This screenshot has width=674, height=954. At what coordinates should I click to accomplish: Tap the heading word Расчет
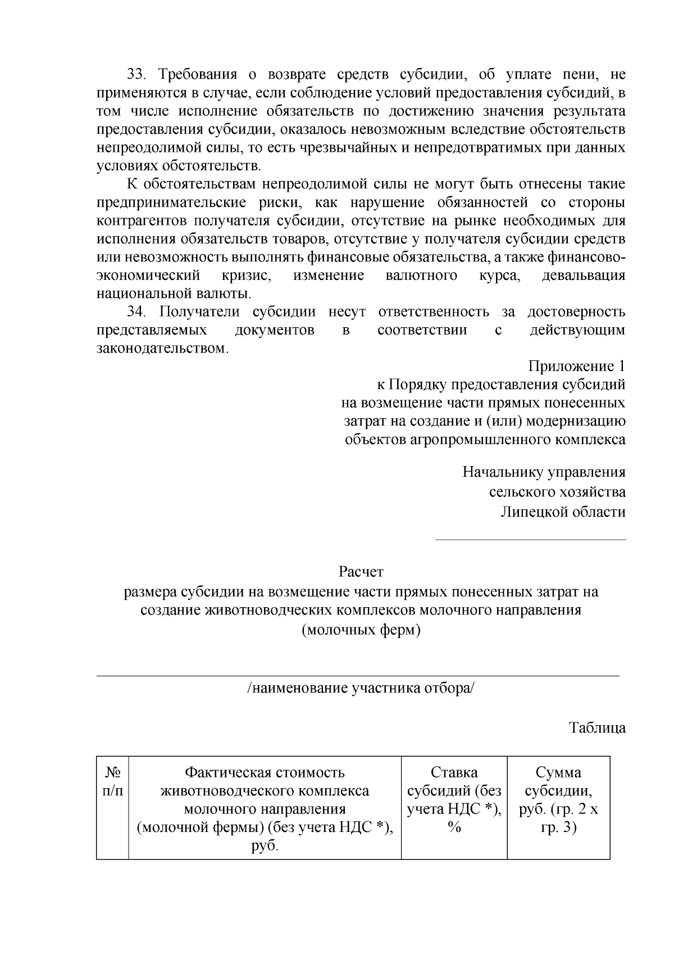361,572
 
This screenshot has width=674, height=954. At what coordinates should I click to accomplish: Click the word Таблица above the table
597,727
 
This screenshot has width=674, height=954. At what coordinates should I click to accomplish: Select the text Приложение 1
576,367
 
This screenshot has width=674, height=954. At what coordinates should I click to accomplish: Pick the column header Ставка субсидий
454,781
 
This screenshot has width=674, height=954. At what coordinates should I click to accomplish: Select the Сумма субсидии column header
558,781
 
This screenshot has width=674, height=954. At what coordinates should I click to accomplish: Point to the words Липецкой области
563,512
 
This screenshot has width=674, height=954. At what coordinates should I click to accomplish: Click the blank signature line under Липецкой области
530,540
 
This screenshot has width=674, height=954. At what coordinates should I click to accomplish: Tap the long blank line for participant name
358,675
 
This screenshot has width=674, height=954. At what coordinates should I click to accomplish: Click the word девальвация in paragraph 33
583,275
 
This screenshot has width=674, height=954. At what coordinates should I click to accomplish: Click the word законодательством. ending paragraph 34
163,349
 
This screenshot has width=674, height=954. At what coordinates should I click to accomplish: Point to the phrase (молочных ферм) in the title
361,630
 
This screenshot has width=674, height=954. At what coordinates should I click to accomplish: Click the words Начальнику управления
544,472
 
